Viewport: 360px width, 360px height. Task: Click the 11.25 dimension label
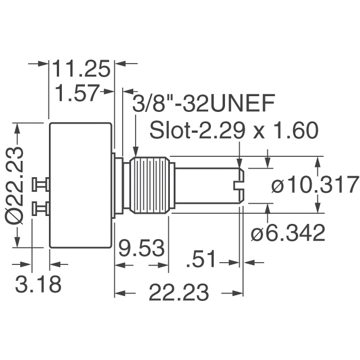[x=82, y=69]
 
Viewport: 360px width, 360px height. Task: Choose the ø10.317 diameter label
[x=315, y=185]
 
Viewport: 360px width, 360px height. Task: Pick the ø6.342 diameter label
[x=288, y=233]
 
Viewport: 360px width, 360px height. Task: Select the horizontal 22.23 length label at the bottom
[x=179, y=293]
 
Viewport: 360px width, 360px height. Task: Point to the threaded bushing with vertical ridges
[x=149, y=186]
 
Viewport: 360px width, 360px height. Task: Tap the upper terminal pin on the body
[x=41, y=183]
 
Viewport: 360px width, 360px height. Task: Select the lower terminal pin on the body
[x=41, y=210]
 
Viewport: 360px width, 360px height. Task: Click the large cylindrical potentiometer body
[x=82, y=185]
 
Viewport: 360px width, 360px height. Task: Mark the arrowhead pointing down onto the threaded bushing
[x=135, y=151]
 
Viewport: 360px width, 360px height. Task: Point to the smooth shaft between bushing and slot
[x=202, y=186]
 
